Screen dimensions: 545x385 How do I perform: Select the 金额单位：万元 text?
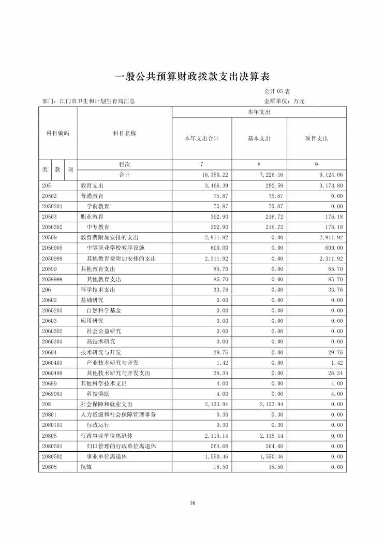[x=284, y=102]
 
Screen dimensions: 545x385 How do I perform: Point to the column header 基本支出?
[x=259, y=138]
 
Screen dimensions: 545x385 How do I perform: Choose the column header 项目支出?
[x=317, y=138]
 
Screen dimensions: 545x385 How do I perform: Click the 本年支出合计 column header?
[x=202, y=138]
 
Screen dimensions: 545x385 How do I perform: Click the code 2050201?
[x=52, y=206]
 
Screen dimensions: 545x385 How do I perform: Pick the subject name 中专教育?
[x=98, y=227]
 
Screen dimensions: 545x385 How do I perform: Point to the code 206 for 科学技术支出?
[x=46, y=290]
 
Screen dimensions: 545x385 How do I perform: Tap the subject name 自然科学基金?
[x=104, y=310]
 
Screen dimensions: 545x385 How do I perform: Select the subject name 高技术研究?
[x=101, y=342]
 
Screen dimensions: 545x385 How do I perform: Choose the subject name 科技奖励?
[x=98, y=394]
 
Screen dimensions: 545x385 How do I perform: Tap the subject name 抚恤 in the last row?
[x=85, y=467]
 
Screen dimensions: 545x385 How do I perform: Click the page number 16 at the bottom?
[x=192, y=503]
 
